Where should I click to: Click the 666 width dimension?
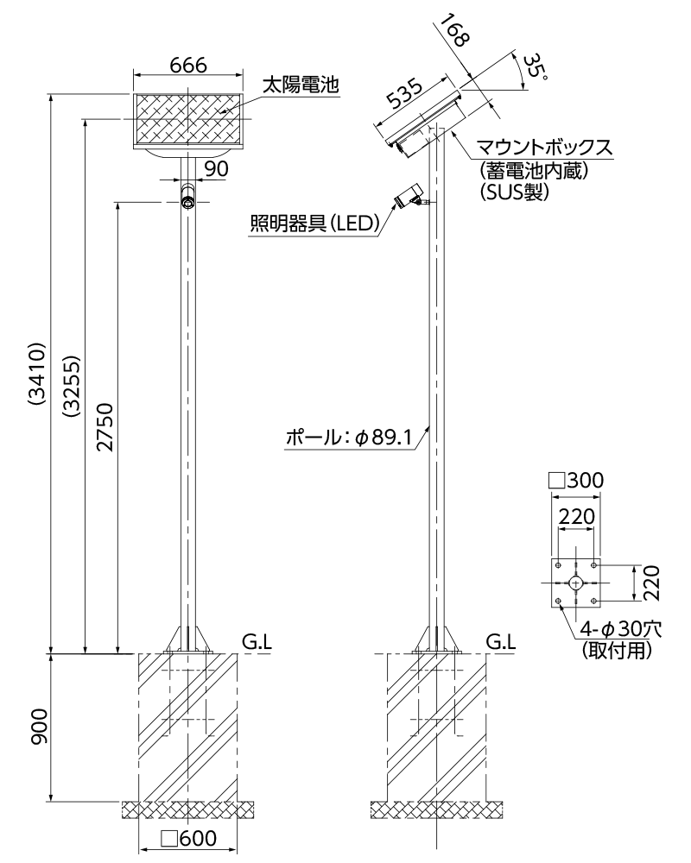[x=187, y=66]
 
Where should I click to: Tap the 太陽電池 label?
[x=300, y=85]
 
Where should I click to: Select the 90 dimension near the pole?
[x=216, y=169]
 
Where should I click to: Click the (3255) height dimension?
[x=73, y=378]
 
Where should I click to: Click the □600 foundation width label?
[x=188, y=839]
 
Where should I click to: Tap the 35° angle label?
[x=536, y=66]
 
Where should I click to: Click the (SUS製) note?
[x=514, y=193]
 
